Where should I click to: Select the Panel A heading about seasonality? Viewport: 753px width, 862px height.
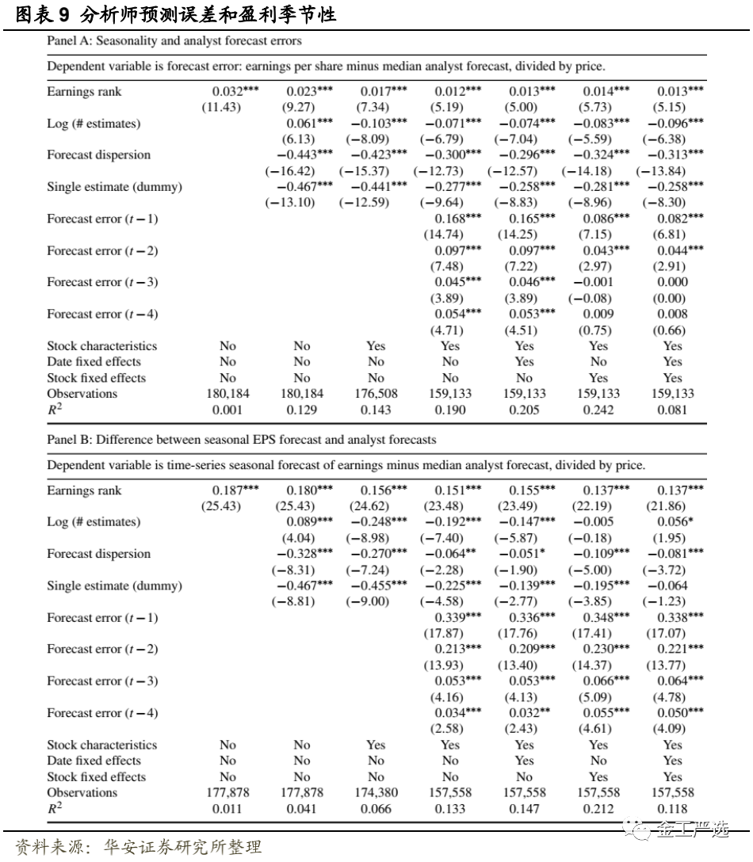click(x=174, y=40)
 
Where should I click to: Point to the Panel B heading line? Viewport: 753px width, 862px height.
click(x=241, y=439)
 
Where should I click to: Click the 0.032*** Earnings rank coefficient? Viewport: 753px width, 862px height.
click(x=235, y=92)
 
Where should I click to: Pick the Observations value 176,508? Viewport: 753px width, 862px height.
click(x=376, y=394)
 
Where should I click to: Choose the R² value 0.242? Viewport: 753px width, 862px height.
click(x=598, y=410)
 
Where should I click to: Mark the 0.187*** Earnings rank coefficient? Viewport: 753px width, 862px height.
click(x=235, y=491)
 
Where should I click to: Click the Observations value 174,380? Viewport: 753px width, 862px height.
click(x=376, y=793)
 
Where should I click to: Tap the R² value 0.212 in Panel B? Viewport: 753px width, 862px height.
click(x=598, y=809)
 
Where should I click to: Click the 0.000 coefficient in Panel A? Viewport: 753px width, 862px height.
click(x=672, y=283)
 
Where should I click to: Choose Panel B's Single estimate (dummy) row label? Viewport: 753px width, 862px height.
click(x=114, y=586)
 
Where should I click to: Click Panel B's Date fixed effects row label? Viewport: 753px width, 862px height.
click(x=94, y=761)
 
